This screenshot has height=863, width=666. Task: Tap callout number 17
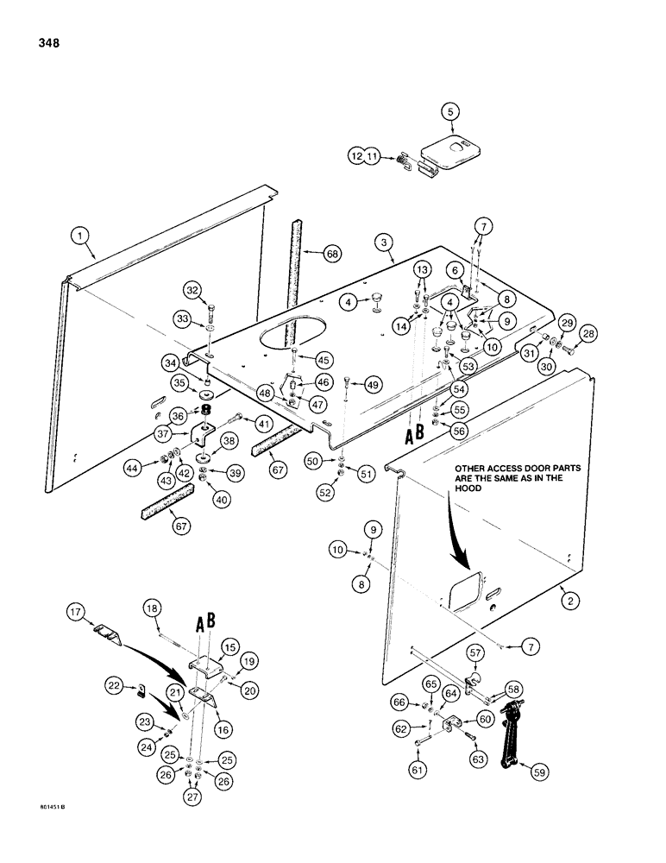78,614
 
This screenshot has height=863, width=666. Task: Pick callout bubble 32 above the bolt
192,290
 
